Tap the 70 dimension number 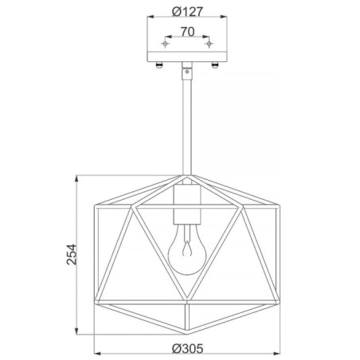[186, 33]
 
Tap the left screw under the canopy [161, 65]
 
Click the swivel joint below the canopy [186, 72]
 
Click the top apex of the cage [186, 174]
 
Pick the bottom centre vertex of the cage [186, 332]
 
